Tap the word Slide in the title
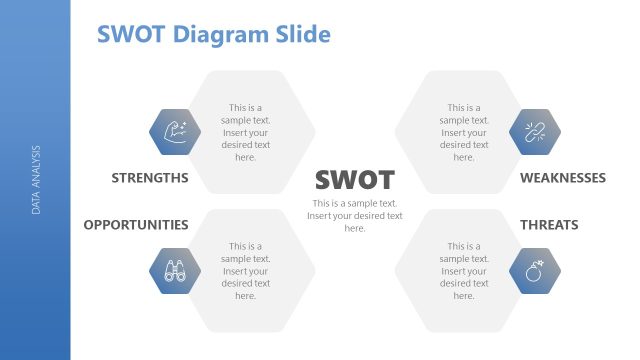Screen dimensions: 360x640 303,35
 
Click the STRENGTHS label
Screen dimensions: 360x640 150,178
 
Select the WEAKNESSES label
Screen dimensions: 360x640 563,178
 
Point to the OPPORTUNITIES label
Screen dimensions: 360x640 136,224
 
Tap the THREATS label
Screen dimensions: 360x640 549,224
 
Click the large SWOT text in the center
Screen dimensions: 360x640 355,180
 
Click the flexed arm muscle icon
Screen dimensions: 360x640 174,132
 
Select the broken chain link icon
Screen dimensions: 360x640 535,132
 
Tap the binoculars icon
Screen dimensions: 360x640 174,270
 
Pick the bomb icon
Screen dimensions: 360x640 535,270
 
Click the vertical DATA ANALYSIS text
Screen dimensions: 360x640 36,180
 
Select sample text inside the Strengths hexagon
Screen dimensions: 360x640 245,132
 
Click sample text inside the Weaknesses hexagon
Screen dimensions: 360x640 464,132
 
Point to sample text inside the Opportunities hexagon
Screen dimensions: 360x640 245,270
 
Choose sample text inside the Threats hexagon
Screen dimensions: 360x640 464,270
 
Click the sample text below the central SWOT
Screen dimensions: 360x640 355,215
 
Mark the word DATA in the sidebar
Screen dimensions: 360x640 36,204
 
